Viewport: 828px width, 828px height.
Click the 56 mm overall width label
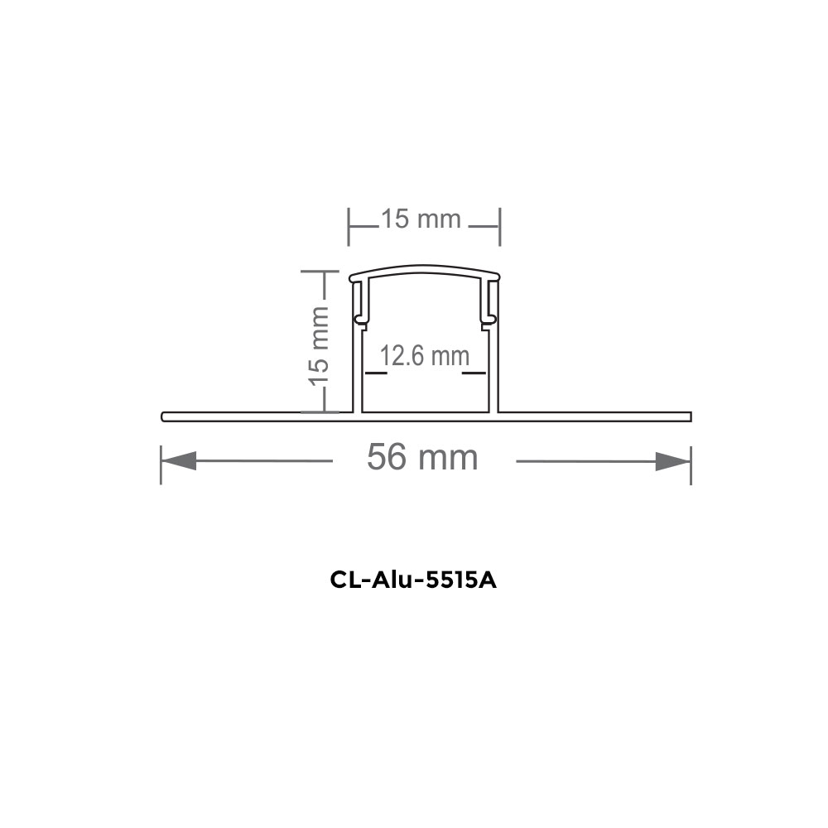click(x=422, y=457)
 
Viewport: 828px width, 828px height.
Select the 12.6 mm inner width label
click(x=424, y=357)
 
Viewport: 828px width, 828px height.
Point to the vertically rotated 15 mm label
click(x=319, y=344)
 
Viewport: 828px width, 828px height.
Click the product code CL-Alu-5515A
click(x=413, y=580)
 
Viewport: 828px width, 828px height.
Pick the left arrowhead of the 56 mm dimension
click(x=179, y=460)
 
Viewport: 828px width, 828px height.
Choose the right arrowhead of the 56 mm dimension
click(x=672, y=460)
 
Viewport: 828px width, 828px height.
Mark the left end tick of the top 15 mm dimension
click(x=349, y=226)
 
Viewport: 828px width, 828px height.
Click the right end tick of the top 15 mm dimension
click(x=500, y=226)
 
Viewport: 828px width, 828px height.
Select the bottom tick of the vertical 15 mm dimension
click(x=320, y=411)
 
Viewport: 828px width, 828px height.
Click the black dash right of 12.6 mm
click(x=474, y=373)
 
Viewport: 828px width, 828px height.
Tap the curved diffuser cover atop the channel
click(x=425, y=272)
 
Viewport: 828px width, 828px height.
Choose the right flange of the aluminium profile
click(x=596, y=414)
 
